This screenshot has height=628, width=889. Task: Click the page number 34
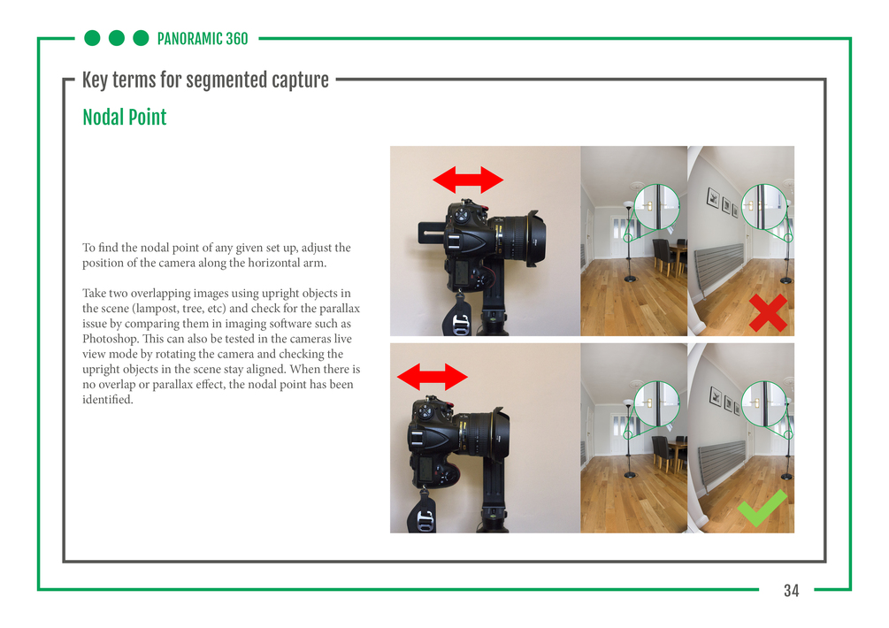point(791,591)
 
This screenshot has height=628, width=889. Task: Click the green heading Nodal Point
point(125,118)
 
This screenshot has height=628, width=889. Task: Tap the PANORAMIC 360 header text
point(203,39)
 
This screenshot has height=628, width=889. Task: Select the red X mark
point(768,312)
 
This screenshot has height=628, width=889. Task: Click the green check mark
point(762,508)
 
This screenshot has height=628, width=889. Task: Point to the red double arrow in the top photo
point(468,180)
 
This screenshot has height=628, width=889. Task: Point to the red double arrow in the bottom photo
point(432,377)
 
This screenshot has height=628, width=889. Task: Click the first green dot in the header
point(92,38)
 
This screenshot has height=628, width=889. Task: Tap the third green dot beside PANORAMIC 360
point(141,38)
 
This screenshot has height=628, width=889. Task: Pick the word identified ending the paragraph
point(108,400)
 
